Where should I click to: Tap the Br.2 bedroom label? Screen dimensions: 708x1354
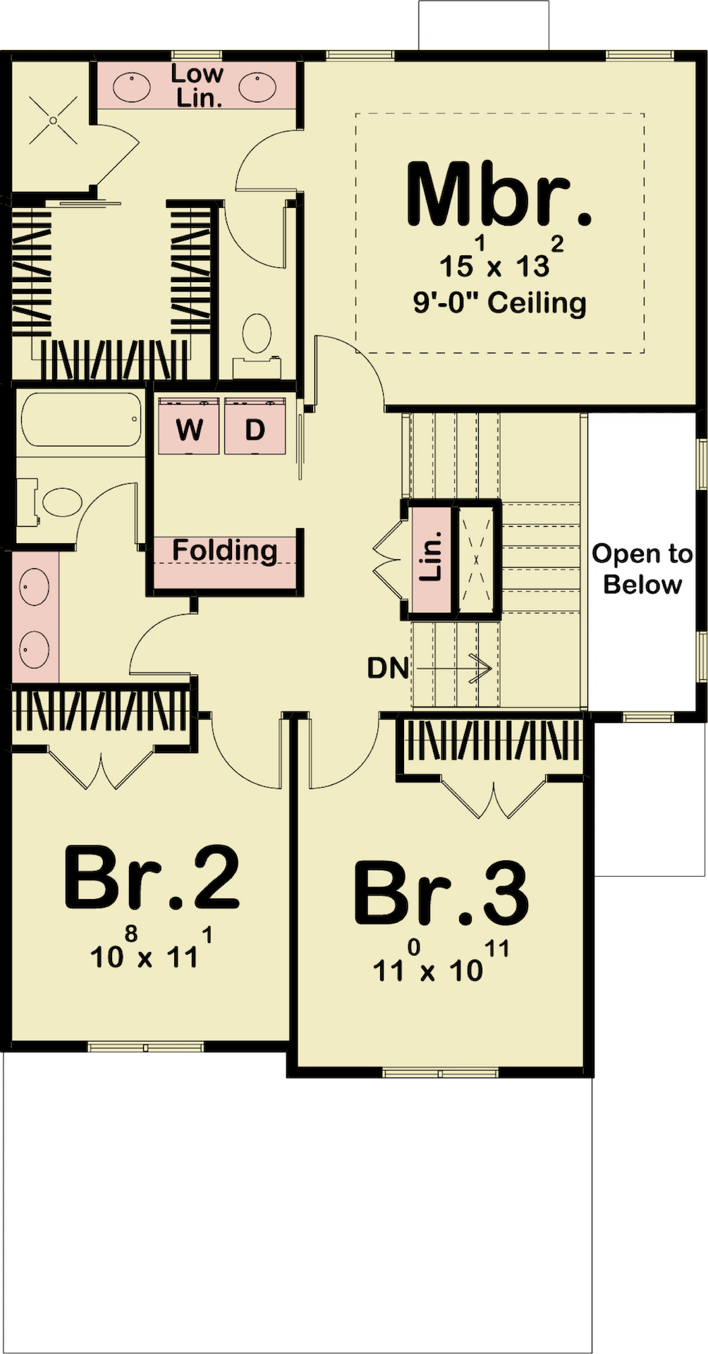pos(152,877)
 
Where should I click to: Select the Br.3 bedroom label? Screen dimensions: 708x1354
pos(441,892)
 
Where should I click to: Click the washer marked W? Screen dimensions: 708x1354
pos(189,426)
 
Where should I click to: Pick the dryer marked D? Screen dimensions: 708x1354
pos(255,426)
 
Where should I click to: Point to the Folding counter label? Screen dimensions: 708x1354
pos(225,550)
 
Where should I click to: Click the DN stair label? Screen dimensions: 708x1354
pos(388,668)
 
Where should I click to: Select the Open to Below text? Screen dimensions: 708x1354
pos(642,569)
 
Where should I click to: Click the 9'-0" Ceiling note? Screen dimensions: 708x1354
pos(499,303)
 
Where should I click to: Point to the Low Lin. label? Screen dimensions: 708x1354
pos(198,85)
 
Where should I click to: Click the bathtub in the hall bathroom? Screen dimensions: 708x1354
pos(80,420)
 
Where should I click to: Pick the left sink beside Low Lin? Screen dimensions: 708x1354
pos(131,88)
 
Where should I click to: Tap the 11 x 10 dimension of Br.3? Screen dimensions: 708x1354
pos(441,962)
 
